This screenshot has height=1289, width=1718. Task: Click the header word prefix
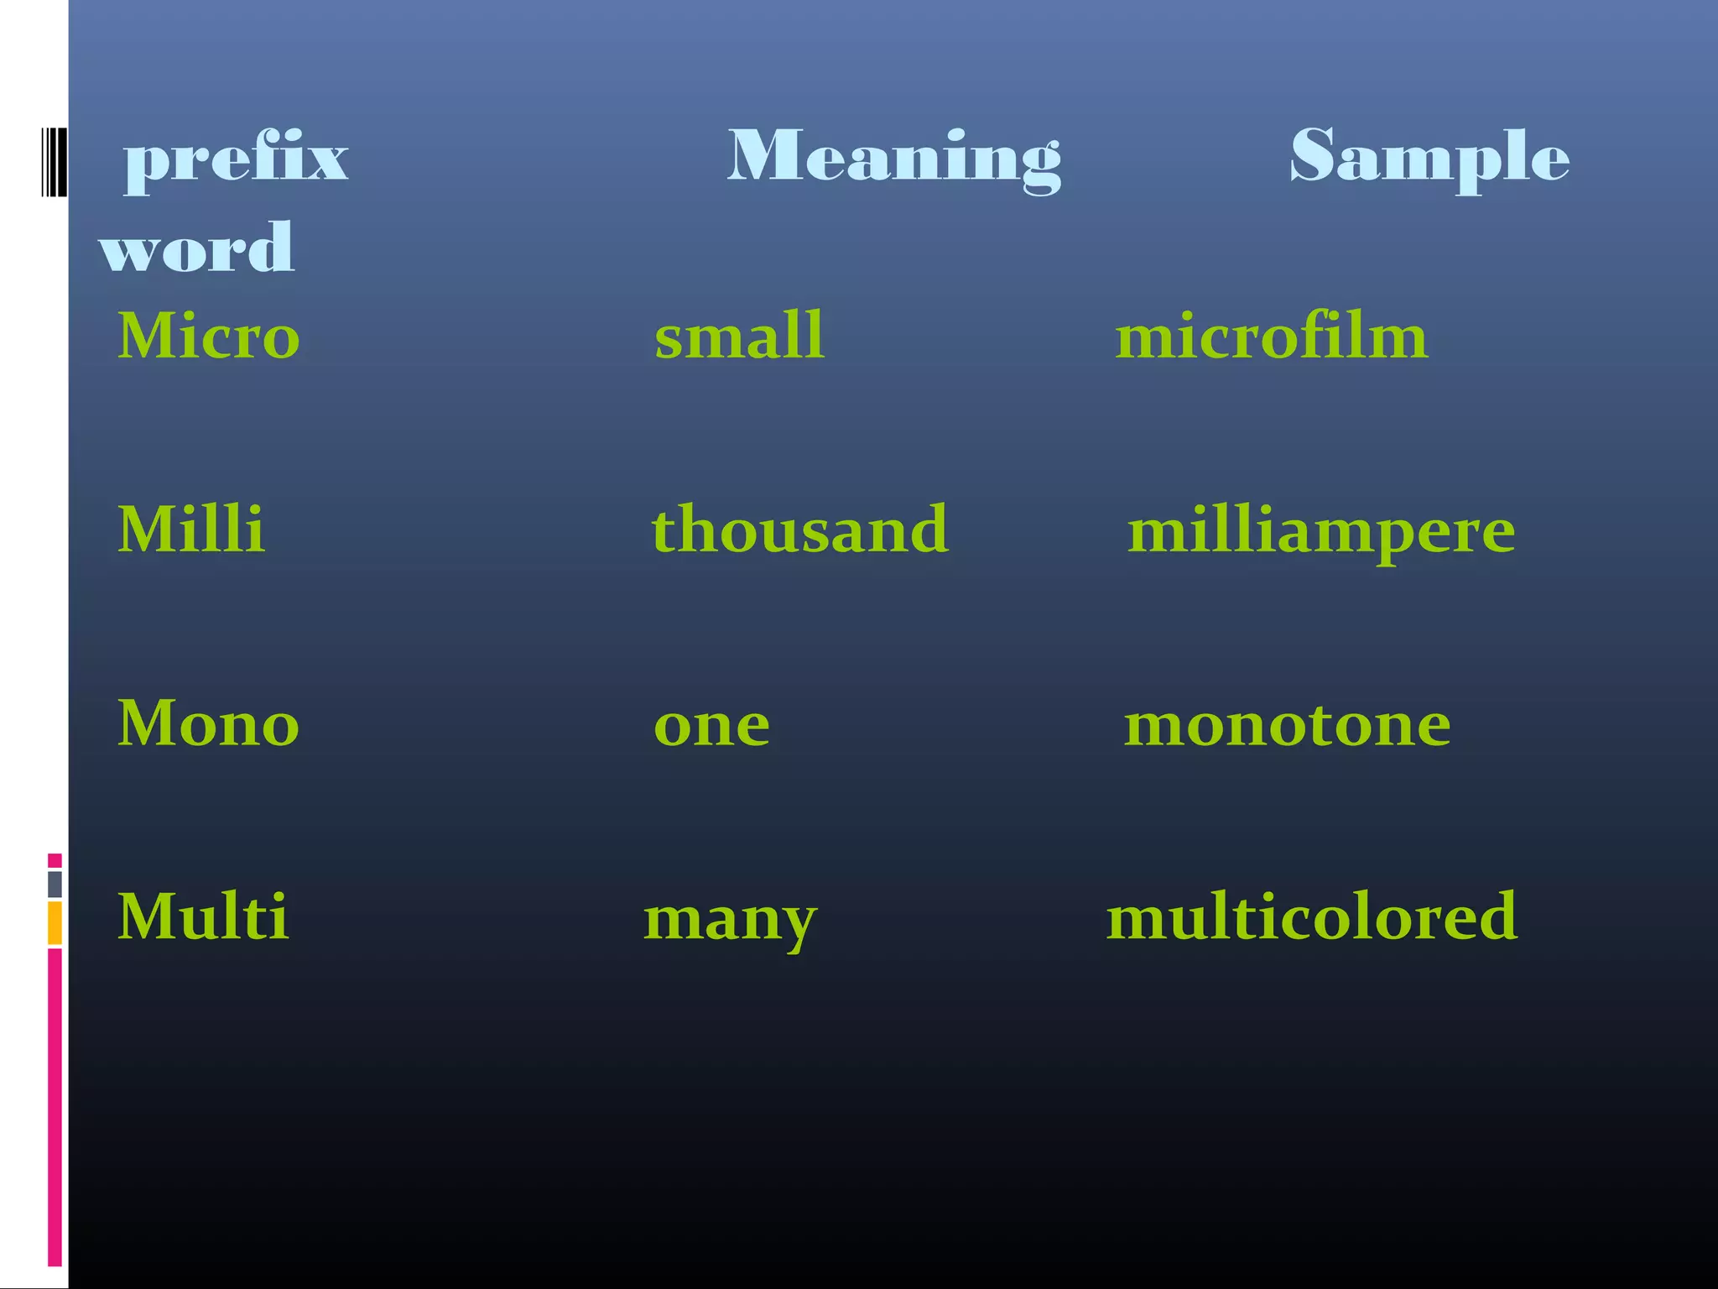point(236,159)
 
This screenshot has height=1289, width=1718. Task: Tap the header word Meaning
point(894,157)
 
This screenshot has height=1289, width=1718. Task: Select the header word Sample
point(1429,157)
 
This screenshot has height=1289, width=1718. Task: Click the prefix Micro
point(209,336)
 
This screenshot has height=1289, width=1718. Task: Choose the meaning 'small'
point(739,336)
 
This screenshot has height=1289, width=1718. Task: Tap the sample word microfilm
point(1271,336)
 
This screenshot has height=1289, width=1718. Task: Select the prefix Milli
point(191,530)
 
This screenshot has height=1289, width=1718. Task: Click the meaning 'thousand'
point(800,530)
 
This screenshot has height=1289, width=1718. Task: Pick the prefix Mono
point(209,723)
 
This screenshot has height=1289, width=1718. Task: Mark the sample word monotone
point(1287,725)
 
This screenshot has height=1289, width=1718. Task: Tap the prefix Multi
point(204,916)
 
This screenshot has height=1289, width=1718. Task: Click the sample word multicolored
point(1312,916)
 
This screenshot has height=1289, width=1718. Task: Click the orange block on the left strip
point(55,922)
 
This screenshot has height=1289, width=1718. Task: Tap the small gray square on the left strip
point(55,884)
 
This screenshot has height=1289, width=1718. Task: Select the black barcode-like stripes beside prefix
point(54,162)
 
